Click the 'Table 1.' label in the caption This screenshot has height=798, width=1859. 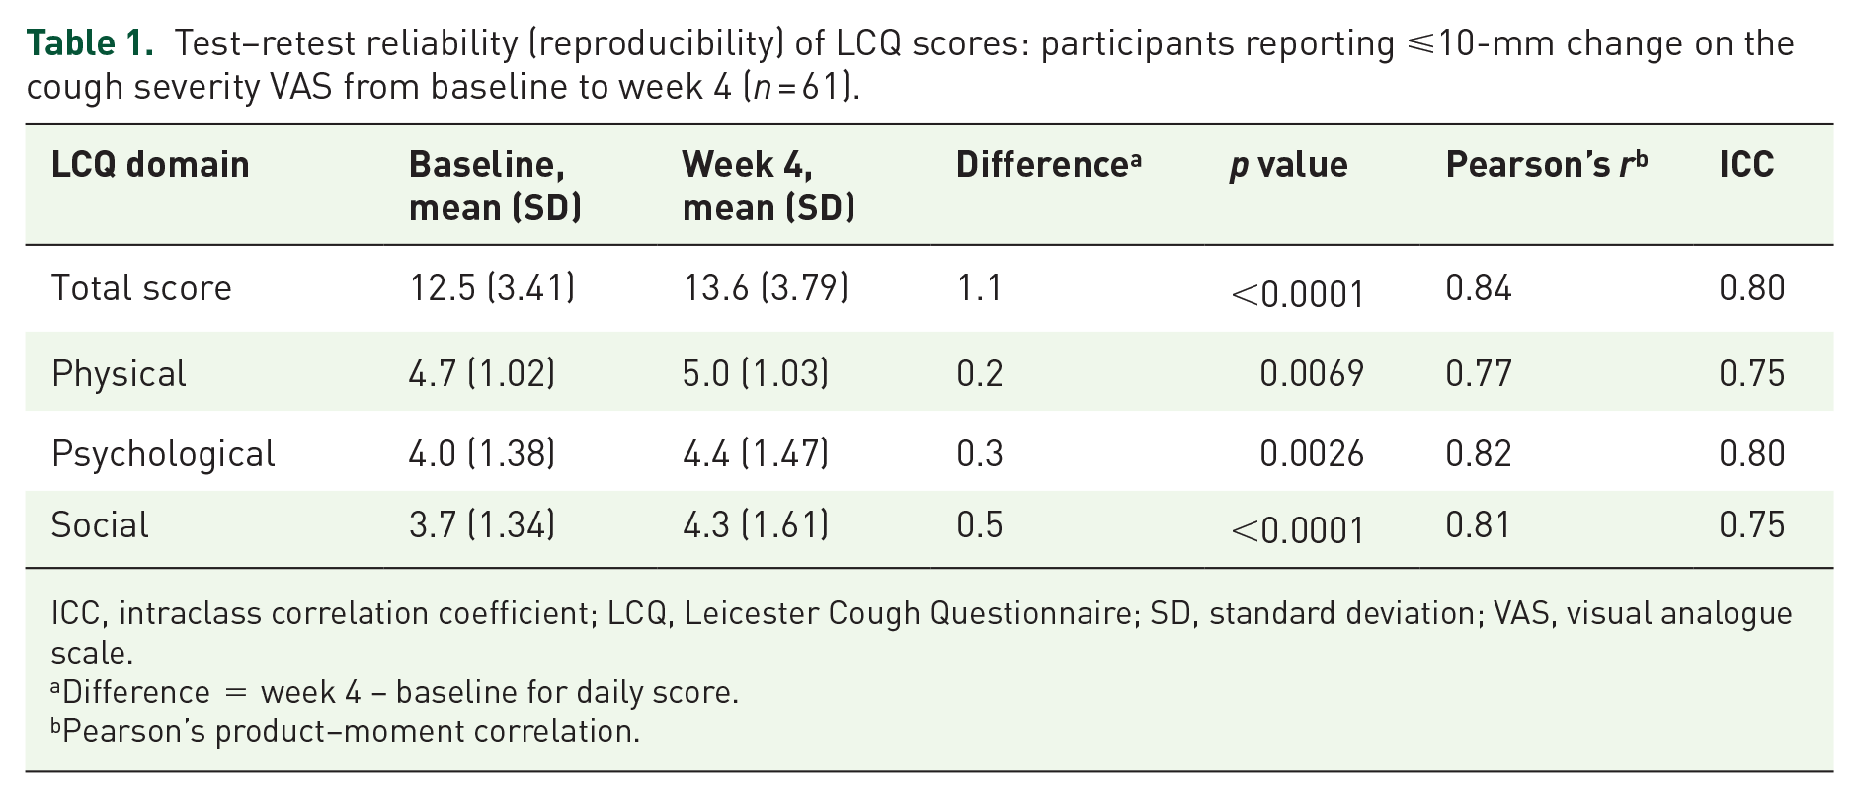coord(90,43)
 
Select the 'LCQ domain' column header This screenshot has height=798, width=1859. coord(150,164)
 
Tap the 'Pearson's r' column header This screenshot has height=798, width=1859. coord(1546,164)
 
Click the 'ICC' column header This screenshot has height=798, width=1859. coord(1746,164)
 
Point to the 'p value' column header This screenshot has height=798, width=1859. coord(1288,165)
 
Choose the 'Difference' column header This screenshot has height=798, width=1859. coord(1048,164)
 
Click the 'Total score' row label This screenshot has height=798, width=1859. coord(141,288)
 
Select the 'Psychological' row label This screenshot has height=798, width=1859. coord(163,454)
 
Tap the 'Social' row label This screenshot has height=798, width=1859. coord(100,524)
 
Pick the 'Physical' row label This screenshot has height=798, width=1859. coord(119,374)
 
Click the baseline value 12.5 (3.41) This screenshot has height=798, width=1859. coord(492,288)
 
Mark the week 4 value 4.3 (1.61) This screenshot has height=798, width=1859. coord(756,524)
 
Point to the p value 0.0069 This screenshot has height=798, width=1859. coord(1312,374)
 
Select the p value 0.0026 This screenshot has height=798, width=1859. coord(1312,454)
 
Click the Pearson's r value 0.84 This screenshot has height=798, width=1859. coord(1479,288)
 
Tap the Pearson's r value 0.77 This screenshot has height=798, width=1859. coord(1479,374)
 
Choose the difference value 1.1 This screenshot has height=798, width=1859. coord(979,288)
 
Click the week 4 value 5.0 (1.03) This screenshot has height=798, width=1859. coord(756,374)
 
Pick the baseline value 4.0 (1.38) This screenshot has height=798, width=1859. coord(482,454)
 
